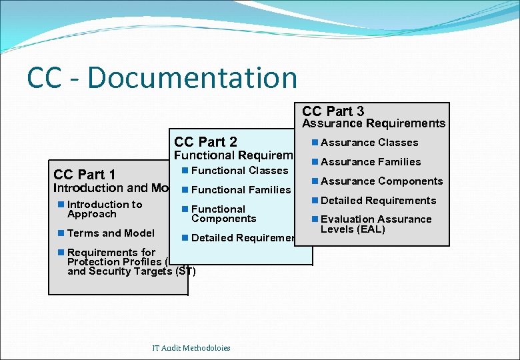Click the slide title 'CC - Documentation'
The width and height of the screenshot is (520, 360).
tap(162, 77)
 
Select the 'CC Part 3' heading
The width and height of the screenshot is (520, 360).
tap(333, 111)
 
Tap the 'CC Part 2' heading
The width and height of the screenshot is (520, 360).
tap(205, 141)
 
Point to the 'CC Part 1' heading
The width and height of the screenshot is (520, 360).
tap(84, 175)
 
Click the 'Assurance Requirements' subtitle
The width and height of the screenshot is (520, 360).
tap(373, 123)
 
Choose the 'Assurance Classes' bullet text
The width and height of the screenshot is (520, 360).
tap(369, 143)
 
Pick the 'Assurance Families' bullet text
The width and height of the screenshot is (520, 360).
tap(371, 162)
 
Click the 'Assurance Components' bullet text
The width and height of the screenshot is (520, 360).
tap(381, 181)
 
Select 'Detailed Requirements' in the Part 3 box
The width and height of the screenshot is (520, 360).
tap(378, 201)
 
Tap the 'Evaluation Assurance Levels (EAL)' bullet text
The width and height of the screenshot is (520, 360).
tap(376, 224)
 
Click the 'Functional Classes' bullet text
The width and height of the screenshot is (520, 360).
tap(239, 171)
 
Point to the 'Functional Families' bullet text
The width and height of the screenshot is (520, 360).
tap(241, 190)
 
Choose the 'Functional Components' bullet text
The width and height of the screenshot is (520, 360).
tap(223, 213)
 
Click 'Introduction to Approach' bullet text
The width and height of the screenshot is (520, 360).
tap(104, 209)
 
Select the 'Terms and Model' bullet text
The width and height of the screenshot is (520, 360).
tap(111, 233)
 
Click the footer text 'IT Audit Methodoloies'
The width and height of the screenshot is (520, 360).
tap(191, 348)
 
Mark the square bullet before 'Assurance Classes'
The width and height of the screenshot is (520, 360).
tap(315, 143)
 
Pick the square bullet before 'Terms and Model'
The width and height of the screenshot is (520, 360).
tap(61, 233)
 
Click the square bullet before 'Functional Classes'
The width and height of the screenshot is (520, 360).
tap(185, 171)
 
